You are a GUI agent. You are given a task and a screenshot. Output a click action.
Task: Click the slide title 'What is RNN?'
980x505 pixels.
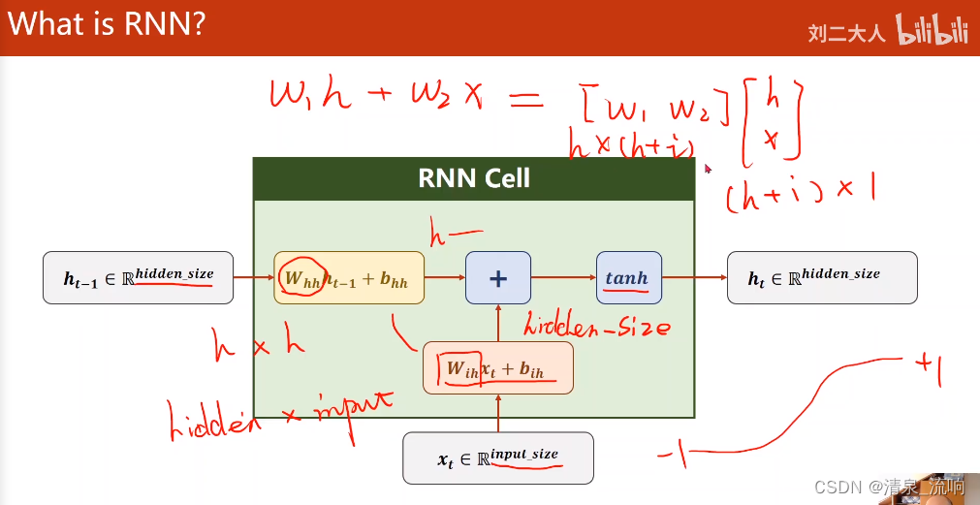pos(107,23)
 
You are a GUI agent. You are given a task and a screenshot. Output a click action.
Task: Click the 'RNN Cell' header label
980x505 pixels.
pos(474,178)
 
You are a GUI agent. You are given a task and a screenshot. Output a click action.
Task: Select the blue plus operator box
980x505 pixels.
pos(498,278)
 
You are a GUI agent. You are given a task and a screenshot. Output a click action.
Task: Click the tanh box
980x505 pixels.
pos(627,278)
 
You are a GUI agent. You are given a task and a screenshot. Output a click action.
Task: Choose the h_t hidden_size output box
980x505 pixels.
pos(822,278)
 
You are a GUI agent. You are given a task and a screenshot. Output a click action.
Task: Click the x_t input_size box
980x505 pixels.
pos(497,458)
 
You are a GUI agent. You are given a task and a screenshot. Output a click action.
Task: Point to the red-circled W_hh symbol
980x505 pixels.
pos(301,277)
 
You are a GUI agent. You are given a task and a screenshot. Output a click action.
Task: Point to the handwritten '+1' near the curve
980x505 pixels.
pos(928,367)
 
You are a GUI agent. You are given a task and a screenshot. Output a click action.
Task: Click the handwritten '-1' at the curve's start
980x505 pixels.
pos(673,454)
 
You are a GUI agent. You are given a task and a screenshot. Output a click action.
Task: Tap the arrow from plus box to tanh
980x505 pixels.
pos(563,278)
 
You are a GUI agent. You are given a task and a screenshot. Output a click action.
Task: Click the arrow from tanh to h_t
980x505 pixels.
pos(694,278)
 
